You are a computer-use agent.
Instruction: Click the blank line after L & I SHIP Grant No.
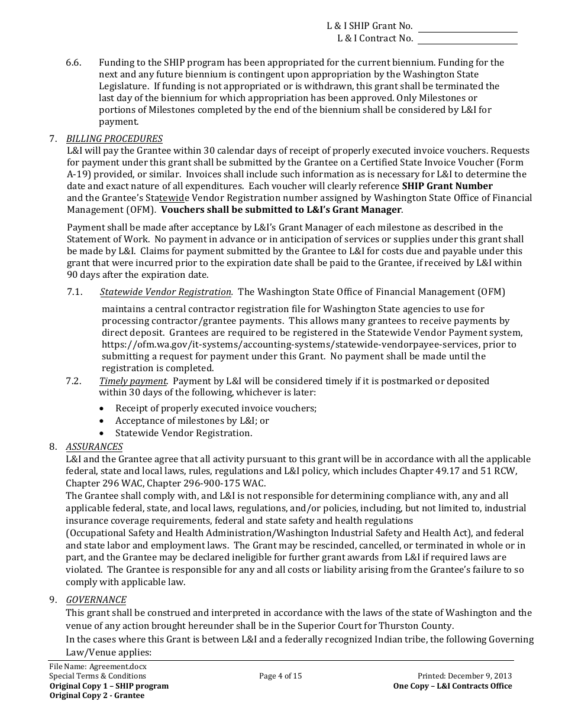[x=467, y=28]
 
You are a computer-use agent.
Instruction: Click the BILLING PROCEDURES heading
[x=114, y=139]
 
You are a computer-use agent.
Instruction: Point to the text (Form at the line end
[x=511, y=163]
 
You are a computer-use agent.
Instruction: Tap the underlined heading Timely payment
[x=133, y=381]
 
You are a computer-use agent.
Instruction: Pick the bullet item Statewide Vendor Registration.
[x=183, y=433]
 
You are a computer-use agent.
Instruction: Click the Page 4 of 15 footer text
[x=280, y=676]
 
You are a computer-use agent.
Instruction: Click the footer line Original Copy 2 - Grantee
[x=97, y=696]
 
